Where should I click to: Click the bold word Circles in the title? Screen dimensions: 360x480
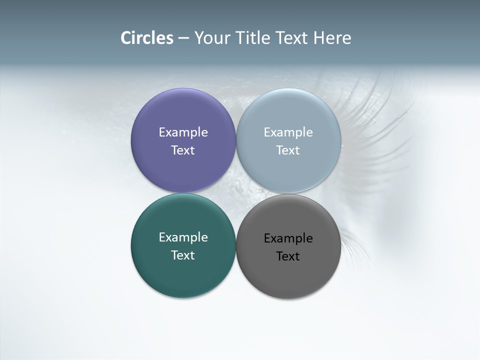tap(146, 38)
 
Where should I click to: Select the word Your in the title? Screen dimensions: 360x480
tap(211, 38)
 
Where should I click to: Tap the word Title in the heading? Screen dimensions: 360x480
tap(253, 38)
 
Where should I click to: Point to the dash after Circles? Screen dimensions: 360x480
tap(183, 38)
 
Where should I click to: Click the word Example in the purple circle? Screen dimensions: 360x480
tap(183, 132)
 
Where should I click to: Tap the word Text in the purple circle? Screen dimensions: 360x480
tap(183, 150)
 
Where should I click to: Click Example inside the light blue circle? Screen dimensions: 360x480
tap(288, 132)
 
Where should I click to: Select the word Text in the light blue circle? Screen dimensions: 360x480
tap(288, 150)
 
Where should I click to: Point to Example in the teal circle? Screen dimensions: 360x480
tap(183, 237)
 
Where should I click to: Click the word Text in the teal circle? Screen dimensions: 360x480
tap(183, 255)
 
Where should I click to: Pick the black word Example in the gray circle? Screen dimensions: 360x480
tap(288, 238)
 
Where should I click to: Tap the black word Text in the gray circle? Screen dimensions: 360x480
tap(288, 256)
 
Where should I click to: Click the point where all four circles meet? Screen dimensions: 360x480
tap(236, 193)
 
